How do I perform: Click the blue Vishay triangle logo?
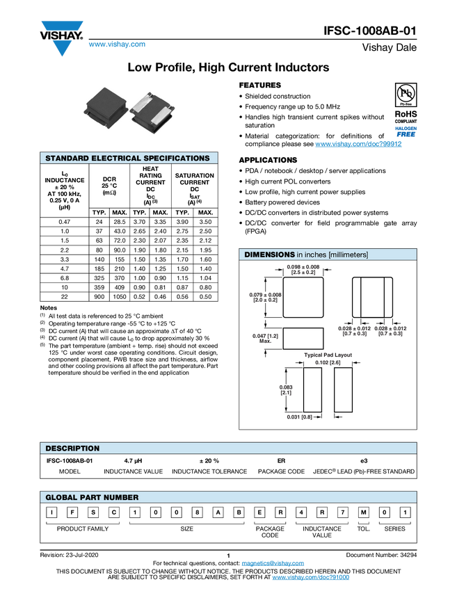click(62, 48)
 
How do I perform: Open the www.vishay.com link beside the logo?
click(117, 44)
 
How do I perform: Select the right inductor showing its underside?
click(152, 110)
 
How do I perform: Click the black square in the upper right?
click(406, 94)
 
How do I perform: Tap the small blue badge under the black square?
click(406, 130)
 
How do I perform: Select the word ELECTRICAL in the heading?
click(116, 159)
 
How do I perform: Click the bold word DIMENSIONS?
click(269, 255)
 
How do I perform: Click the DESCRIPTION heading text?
click(72, 448)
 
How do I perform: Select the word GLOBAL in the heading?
click(61, 498)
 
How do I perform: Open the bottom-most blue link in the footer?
click(310, 578)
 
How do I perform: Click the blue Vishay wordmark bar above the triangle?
click(62, 26)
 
